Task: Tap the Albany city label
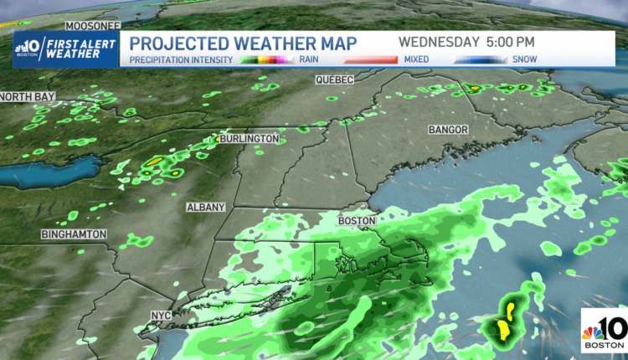pyautogui.click(x=205, y=206)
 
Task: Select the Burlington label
pyautogui.click(x=248, y=138)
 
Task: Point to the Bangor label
pyautogui.click(x=448, y=131)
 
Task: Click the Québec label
pyautogui.click(x=334, y=79)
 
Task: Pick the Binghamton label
pyautogui.click(x=74, y=234)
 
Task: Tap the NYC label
pyautogui.click(x=160, y=316)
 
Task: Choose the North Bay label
pyautogui.click(x=28, y=97)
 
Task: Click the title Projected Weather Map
pyautogui.click(x=244, y=43)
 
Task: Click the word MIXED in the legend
pyautogui.click(x=416, y=60)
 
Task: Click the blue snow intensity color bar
pyautogui.click(x=481, y=60)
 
